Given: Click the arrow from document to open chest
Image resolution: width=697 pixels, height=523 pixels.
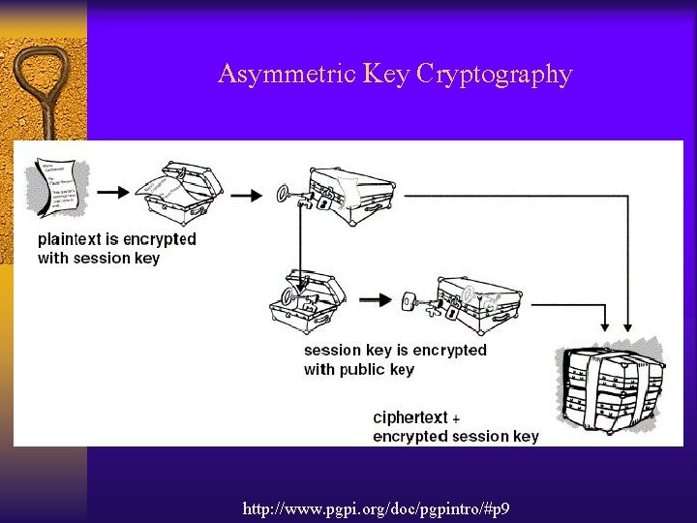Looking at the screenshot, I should click(x=112, y=192).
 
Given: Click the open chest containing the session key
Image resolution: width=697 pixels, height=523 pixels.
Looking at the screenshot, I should click(x=307, y=300).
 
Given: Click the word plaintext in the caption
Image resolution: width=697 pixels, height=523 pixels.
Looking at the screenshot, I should click(x=73, y=239).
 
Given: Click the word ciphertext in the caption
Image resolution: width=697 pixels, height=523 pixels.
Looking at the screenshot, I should click(x=410, y=417).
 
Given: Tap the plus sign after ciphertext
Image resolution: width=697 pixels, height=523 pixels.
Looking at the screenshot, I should click(x=456, y=418).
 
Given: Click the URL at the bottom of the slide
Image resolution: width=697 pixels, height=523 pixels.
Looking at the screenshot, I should click(x=377, y=508).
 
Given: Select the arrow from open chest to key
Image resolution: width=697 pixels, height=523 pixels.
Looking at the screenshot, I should click(x=246, y=195).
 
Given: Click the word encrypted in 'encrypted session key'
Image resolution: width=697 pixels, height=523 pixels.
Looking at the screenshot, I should click(x=409, y=436).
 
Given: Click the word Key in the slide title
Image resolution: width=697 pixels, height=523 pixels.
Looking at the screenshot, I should click(x=385, y=75).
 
